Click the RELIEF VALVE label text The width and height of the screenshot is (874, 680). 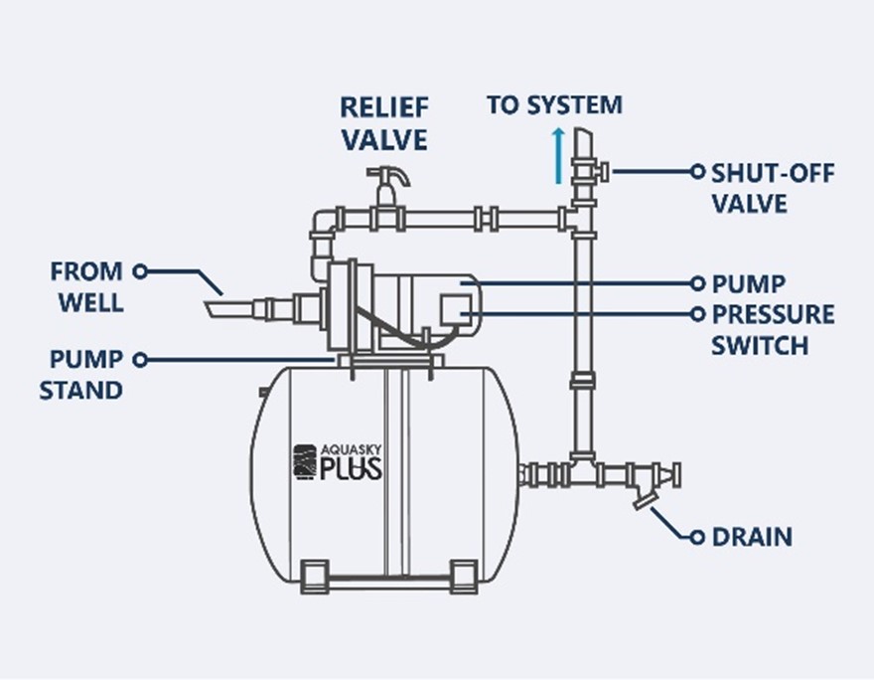tap(384, 123)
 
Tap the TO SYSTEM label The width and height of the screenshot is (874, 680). tap(554, 105)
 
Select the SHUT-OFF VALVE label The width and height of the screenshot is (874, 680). tap(773, 188)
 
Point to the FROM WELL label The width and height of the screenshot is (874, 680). tap(87, 286)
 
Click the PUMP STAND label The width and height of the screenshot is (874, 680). tap(80, 375)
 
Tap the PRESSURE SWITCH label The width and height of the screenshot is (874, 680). tap(773, 330)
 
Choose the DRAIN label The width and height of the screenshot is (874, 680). tap(752, 537)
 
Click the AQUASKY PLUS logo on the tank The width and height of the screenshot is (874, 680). tap(338, 462)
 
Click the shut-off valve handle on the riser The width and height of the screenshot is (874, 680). tap(603, 171)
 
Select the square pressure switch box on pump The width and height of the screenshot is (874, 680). tap(456, 309)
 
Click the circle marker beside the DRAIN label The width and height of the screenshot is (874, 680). tap(697, 537)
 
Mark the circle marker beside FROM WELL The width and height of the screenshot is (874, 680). tap(140, 271)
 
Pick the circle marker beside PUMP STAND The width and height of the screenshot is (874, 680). tap(140, 360)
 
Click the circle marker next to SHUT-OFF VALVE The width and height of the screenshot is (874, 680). tap(697, 171)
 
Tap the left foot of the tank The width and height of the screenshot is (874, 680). tap(315, 577)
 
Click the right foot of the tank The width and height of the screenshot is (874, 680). tap(463, 577)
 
